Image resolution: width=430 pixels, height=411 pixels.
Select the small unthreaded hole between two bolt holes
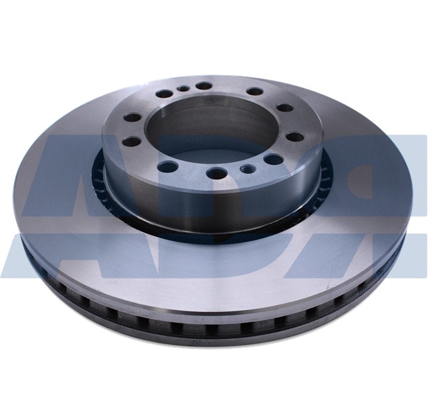[x=182, y=88]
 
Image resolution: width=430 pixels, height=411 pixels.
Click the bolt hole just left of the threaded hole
[x=216, y=173]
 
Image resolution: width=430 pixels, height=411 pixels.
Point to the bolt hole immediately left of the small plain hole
[x=164, y=94]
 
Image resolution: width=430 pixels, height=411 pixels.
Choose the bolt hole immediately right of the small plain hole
[x=204, y=86]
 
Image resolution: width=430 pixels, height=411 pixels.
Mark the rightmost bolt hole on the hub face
[x=295, y=137]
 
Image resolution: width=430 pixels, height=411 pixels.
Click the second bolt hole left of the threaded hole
[x=168, y=167]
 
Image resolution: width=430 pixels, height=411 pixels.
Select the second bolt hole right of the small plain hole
[x=255, y=92]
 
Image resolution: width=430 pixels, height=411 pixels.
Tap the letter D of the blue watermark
[x=218, y=257]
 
